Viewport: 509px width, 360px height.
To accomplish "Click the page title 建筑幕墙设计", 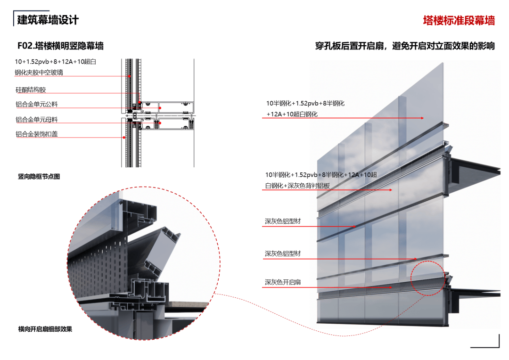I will click(x=48, y=20).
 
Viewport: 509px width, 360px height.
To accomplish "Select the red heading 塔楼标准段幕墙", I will click(x=459, y=20).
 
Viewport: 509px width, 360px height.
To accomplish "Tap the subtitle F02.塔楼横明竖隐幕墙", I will click(x=60, y=46).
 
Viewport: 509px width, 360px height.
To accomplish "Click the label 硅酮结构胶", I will click(x=31, y=90).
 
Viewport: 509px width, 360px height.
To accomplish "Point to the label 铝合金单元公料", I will click(x=36, y=104).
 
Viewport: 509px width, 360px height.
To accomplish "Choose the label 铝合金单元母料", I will click(x=36, y=120).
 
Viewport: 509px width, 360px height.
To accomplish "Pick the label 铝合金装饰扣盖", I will click(x=36, y=134).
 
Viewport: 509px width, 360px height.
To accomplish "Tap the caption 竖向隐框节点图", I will click(x=39, y=177).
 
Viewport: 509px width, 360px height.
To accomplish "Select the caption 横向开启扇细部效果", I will click(x=45, y=329).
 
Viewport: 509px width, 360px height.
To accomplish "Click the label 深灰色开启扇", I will click(x=283, y=282).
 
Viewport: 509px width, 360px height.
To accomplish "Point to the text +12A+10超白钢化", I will click(x=292, y=114).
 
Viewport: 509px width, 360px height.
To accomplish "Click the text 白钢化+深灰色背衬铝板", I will click(x=297, y=186).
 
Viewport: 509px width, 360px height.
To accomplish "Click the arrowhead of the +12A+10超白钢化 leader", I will click(x=423, y=118).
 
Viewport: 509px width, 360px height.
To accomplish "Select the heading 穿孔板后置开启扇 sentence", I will click(x=405, y=46).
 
